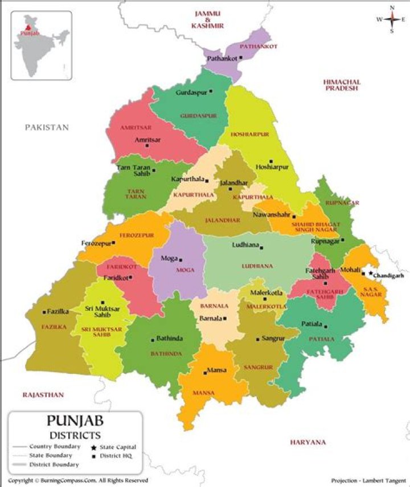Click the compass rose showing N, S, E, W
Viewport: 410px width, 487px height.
pos(392,19)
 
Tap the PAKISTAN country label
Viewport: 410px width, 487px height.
pos(47,127)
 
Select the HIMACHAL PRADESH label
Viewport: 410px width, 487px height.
pos(342,85)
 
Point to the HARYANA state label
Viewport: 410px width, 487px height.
pos(307,442)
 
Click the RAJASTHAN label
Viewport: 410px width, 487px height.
pos(43,394)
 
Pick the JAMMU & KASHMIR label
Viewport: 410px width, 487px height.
pos(208,19)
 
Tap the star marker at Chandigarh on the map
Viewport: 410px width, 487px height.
pos(371,273)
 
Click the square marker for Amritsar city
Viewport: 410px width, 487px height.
pos(147,145)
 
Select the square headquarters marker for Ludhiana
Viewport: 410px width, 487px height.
pos(263,246)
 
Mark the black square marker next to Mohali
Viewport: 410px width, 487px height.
pos(363,274)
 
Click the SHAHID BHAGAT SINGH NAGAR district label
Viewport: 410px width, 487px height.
pos(315,227)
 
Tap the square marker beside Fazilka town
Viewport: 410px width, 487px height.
pos(44,312)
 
